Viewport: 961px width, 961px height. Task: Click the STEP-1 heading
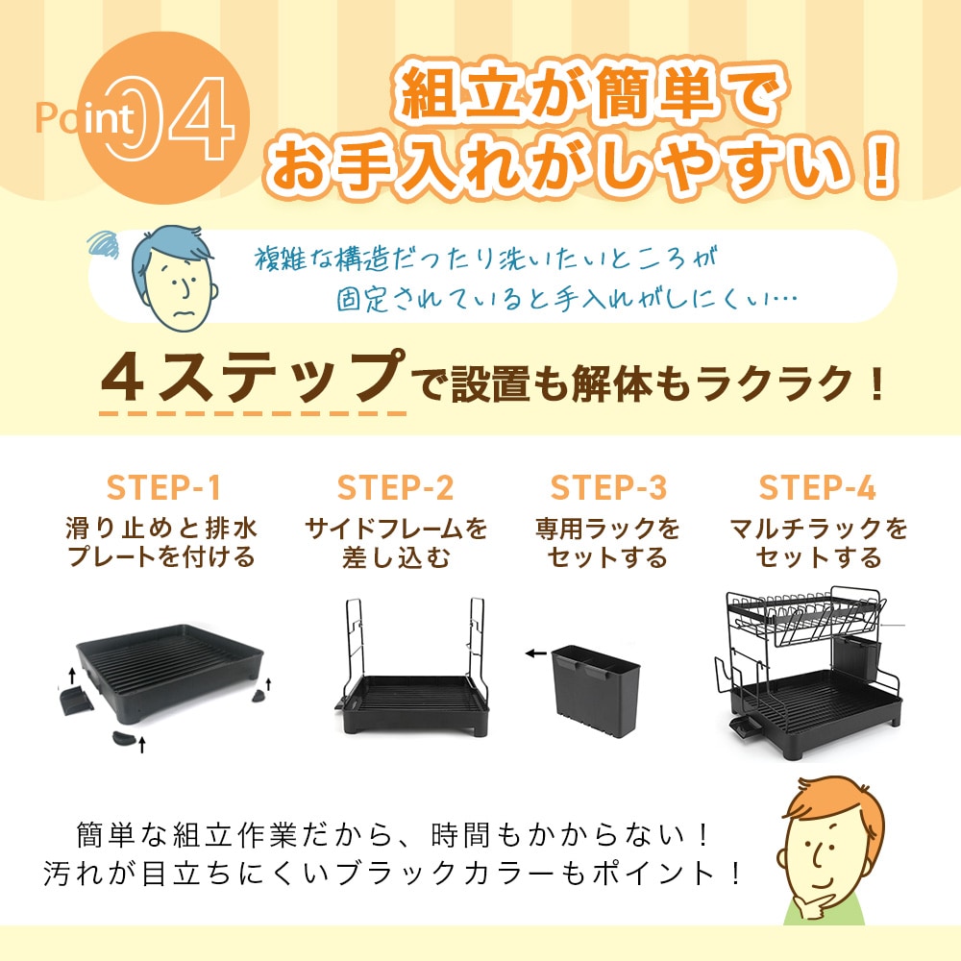163,488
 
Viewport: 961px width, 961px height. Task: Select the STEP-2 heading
395,488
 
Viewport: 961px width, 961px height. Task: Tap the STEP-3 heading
608,488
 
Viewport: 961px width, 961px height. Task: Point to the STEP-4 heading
817,488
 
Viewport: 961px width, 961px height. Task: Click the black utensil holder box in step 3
595,691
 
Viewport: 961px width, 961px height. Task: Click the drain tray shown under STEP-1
170,671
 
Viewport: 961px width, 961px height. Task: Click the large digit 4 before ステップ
123,380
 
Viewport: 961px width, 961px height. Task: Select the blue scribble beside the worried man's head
104,244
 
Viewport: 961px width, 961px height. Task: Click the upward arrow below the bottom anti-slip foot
142,745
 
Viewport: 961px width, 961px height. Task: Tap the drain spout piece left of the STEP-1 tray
76,700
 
